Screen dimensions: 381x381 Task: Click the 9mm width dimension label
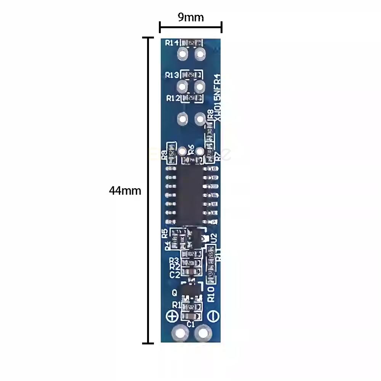point(190,18)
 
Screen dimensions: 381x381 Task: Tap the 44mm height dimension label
point(125,190)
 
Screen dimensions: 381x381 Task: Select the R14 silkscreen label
point(172,43)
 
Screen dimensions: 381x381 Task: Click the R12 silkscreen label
point(173,98)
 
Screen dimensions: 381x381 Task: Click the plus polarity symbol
point(172,316)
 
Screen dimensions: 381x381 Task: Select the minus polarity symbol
point(213,316)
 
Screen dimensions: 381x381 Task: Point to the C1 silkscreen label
point(191,325)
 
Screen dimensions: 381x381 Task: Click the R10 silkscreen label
point(211,294)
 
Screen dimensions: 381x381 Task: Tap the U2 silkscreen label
point(214,238)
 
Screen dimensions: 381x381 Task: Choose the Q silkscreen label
point(174,293)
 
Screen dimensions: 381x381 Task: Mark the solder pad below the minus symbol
point(203,334)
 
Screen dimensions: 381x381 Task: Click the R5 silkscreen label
point(165,232)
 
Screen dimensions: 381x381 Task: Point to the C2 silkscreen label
point(174,274)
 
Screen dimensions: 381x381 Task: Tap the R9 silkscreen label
point(165,154)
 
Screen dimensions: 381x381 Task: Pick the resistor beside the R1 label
point(190,307)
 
